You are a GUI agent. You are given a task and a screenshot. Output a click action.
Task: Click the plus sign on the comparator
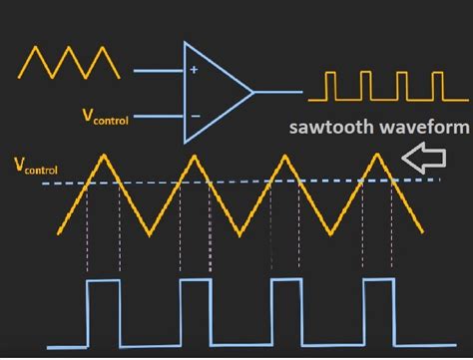point(194,71)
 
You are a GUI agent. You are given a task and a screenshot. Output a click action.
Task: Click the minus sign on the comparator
point(194,115)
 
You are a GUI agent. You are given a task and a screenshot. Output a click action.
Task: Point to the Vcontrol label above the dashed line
point(35,165)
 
